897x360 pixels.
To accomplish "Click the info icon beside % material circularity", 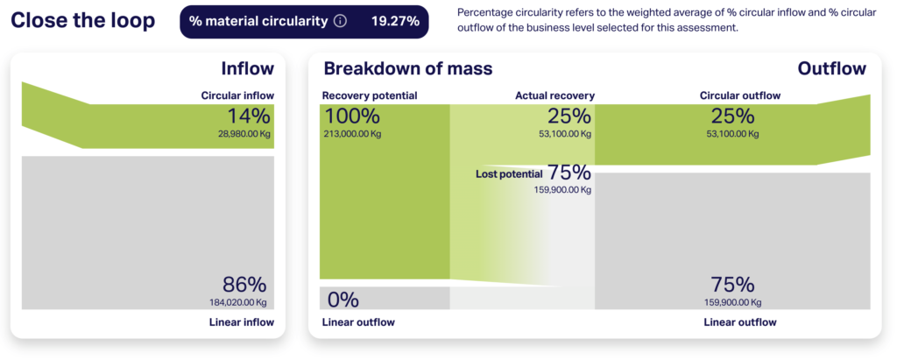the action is (340, 22).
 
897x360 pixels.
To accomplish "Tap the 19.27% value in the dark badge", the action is (395, 22).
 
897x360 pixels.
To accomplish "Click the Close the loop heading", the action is (82, 21).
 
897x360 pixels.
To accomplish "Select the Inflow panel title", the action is (248, 69).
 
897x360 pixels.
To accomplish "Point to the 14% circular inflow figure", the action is (249, 116).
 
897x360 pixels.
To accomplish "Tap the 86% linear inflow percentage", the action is (245, 285).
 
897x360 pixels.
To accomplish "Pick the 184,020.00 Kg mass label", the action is (238, 302).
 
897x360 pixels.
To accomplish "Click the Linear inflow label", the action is (243, 322).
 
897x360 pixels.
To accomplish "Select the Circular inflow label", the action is (237, 95).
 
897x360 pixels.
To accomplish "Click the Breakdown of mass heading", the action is (408, 69).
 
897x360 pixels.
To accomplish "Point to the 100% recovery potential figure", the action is (352, 116).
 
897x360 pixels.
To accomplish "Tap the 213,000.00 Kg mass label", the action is (353, 135).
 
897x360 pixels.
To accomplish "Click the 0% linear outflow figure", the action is (343, 300).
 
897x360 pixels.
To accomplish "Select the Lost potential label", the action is (509, 174).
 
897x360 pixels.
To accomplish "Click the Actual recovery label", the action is (554, 95).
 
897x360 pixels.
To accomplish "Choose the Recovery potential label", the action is (370, 95).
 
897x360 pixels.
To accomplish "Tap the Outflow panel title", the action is (832, 69).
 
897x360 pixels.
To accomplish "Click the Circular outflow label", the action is (740, 95).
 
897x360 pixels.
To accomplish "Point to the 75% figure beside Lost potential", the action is (569, 173).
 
